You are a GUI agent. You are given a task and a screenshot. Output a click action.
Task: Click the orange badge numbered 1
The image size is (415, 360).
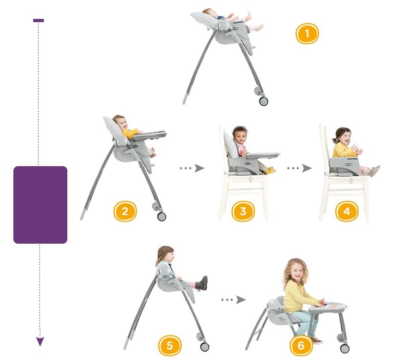pos(307,34)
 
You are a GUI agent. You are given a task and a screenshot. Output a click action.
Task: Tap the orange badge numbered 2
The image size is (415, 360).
pos(125,211)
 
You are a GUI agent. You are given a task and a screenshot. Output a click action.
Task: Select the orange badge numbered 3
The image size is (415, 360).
pos(243,211)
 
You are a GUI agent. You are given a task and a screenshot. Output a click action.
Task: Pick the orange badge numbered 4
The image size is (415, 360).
pos(347,211)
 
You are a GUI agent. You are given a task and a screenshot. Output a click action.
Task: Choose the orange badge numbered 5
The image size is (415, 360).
pos(170,345)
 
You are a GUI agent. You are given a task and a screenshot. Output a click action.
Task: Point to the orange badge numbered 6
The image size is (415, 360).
pos(301,345)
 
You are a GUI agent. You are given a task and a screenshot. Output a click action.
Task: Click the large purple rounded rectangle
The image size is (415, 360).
pos(40,205)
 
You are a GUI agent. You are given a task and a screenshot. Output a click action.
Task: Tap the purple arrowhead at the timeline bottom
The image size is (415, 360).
pos(40,342)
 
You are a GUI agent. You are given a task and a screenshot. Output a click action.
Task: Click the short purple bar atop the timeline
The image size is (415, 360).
pos(38,20)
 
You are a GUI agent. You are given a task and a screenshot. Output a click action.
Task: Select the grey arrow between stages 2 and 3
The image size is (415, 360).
pos(192,168)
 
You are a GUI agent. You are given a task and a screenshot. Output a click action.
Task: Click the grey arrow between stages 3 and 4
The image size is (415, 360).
pos(299,168)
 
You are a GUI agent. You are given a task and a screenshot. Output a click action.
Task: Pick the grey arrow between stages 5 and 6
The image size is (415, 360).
pos(233,300)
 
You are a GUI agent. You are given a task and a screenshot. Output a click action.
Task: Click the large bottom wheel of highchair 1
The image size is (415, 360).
pos(263,101)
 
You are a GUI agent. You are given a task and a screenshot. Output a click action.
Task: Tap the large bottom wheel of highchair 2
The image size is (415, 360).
pos(161,216)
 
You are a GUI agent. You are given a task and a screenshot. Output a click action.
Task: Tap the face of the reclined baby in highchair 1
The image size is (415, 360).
pos(208,13)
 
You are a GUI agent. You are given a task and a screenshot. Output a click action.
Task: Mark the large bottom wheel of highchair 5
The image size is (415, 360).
pos(205,347)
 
